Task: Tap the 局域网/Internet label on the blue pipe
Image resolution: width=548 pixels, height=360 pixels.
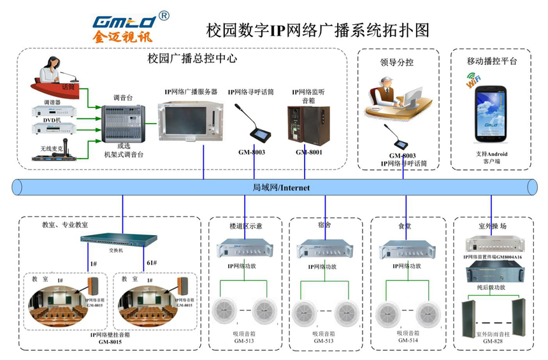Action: point(281,187)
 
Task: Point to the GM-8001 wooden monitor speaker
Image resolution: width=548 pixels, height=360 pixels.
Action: point(308,123)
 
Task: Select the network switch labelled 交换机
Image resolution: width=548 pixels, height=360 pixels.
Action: point(119,240)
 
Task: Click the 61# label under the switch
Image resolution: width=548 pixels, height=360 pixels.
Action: point(151,263)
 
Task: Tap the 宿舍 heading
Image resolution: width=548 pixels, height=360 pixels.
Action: point(324,225)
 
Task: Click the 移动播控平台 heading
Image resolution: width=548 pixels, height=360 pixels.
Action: point(491,62)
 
